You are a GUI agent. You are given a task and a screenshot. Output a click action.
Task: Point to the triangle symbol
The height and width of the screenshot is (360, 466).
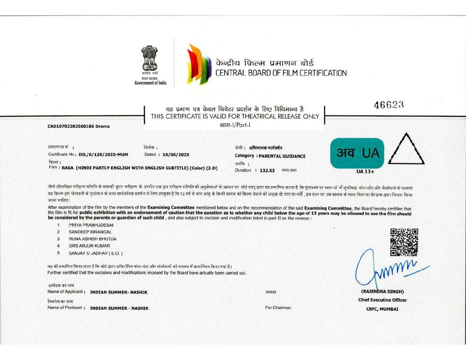[406, 149]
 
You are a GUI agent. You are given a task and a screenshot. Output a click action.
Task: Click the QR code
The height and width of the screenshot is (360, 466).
[404, 242]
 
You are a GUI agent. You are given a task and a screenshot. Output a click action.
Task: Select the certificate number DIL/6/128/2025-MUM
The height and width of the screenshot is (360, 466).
[103, 154]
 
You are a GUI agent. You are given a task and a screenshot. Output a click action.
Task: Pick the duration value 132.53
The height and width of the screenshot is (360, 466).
[267, 170]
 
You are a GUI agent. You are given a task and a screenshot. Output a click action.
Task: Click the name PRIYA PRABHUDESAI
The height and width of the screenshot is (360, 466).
[91, 225]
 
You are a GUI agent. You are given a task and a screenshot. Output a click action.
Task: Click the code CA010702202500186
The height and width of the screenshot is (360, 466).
[71, 126]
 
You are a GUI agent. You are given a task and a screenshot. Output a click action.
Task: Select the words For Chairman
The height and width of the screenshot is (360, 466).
[278, 308]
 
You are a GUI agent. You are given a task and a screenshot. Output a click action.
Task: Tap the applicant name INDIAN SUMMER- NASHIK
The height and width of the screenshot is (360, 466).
[119, 292]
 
